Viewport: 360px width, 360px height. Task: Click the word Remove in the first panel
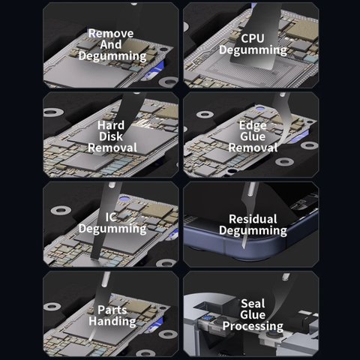pyautogui.click(x=111, y=33)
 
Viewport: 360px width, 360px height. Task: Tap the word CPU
pyautogui.click(x=253, y=38)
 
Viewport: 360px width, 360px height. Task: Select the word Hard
pyautogui.click(x=111, y=125)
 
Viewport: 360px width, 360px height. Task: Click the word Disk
pyautogui.click(x=111, y=136)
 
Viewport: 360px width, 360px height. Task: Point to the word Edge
pyautogui.click(x=253, y=125)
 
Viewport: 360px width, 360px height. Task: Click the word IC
pyautogui.click(x=111, y=217)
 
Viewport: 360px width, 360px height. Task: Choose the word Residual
pyautogui.click(x=253, y=219)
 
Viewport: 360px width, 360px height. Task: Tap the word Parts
pyautogui.click(x=112, y=310)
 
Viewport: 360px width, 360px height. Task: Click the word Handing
pyautogui.click(x=112, y=322)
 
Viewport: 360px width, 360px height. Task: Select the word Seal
pyautogui.click(x=253, y=304)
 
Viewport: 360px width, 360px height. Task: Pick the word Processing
pyautogui.click(x=253, y=326)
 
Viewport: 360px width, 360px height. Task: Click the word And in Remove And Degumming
pyautogui.click(x=111, y=44)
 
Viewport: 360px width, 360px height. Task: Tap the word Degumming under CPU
pyautogui.click(x=253, y=50)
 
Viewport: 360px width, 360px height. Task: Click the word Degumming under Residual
pyautogui.click(x=253, y=230)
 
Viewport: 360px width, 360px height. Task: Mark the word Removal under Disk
pyautogui.click(x=112, y=148)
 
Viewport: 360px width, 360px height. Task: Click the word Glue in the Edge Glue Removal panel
pyautogui.click(x=253, y=136)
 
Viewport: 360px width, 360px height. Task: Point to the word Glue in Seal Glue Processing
pyautogui.click(x=253, y=315)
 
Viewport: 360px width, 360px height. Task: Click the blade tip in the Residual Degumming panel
pyautogui.click(x=244, y=247)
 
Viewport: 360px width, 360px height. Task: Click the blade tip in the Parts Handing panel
pyautogui.click(x=90, y=339)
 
